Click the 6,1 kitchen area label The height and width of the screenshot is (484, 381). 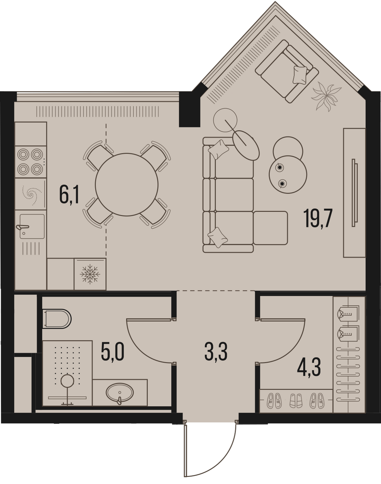click(x=69, y=195)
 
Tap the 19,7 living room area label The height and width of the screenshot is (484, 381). click(x=317, y=218)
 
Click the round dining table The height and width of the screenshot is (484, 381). click(x=127, y=185)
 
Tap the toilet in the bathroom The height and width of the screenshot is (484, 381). click(x=57, y=319)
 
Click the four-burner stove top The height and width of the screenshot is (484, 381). click(x=30, y=162)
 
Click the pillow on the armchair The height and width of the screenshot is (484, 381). click(x=300, y=75)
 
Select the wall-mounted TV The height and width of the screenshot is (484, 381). click(x=355, y=193)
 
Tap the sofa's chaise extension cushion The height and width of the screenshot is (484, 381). click(x=271, y=227)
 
